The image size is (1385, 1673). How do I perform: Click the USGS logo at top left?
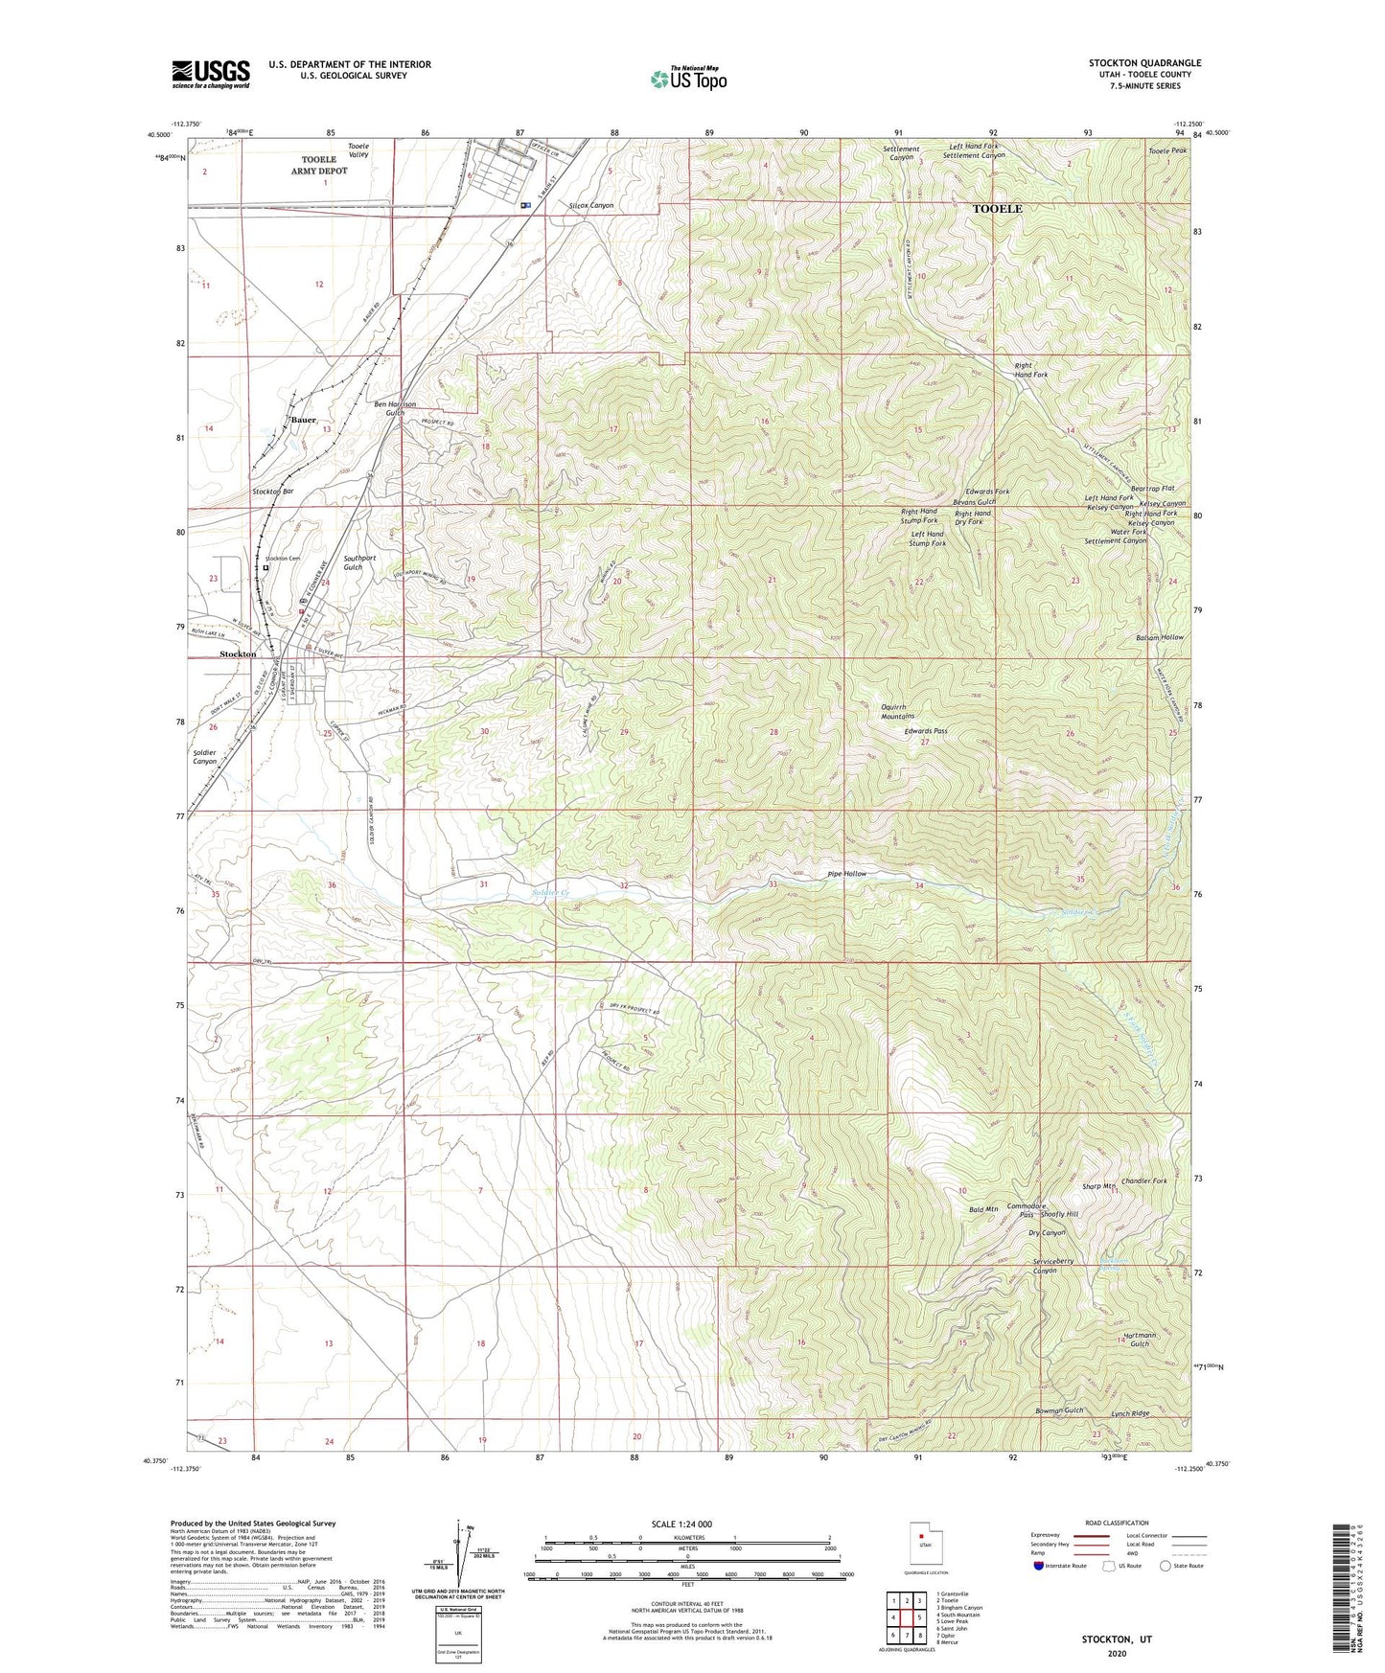(x=211, y=74)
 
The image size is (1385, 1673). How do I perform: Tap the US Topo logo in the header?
(x=687, y=79)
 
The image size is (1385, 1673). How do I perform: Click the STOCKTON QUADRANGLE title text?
(x=1144, y=63)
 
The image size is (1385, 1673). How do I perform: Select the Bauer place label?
(x=303, y=420)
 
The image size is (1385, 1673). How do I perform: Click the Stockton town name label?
(x=238, y=653)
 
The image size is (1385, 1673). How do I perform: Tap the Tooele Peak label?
(x=1167, y=151)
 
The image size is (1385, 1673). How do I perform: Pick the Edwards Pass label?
(x=926, y=731)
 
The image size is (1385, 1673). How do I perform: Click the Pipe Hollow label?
(x=846, y=874)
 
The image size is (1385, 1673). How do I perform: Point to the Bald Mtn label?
(x=983, y=1209)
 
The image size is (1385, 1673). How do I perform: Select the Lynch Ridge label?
(x=1130, y=1413)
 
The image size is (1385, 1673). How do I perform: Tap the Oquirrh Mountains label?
(x=897, y=711)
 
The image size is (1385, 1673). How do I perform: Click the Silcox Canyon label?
(x=590, y=206)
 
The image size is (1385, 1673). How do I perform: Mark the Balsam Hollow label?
(x=1160, y=637)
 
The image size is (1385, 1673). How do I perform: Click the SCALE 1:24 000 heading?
(x=682, y=1524)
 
